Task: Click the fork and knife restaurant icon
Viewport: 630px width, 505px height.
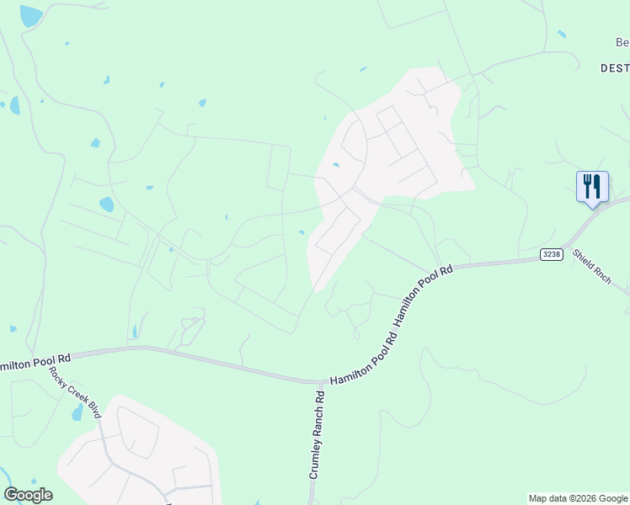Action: click(592, 186)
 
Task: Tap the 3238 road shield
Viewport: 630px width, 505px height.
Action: click(551, 253)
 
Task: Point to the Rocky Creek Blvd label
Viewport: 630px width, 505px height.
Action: click(74, 392)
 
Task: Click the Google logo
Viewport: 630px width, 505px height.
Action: click(28, 495)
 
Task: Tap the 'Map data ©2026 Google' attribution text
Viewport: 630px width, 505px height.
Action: click(578, 498)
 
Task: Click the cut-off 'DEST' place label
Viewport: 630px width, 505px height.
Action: click(615, 67)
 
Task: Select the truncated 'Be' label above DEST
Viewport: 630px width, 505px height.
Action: click(622, 43)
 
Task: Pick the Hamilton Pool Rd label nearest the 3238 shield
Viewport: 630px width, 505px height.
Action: click(424, 285)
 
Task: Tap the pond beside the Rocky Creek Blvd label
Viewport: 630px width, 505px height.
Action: click(77, 412)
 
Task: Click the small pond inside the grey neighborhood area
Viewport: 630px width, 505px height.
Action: click(336, 165)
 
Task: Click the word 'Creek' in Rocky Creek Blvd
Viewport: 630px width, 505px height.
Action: click(74, 392)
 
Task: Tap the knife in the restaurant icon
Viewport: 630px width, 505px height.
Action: click(597, 185)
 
